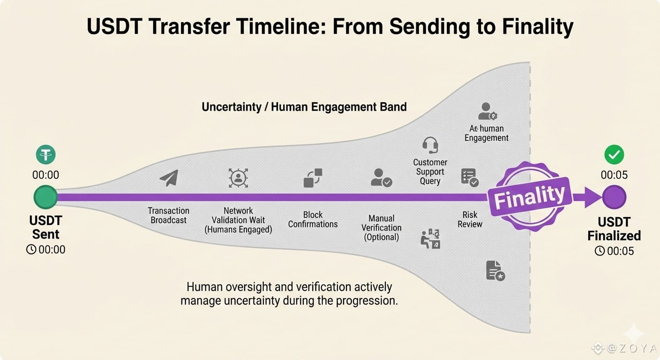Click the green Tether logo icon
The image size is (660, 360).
pos(45,154)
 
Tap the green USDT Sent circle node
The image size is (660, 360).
pos(45,197)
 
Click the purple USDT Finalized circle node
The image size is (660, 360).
pos(614,197)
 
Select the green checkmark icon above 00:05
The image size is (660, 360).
pos(614,154)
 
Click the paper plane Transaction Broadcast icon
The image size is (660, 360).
pos(169,178)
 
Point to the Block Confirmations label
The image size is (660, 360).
pos(313,219)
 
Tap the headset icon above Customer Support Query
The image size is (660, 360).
pos(430,145)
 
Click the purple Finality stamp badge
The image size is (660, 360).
pos(530,196)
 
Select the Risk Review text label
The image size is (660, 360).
pos(470,219)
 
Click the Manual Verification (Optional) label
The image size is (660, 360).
pos(381,228)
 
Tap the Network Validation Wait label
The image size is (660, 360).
pos(238,220)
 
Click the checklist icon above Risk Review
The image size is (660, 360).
pos(469,178)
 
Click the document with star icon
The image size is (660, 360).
pos(495,270)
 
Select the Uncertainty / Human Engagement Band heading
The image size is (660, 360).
pos(304,107)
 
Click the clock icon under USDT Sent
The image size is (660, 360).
pos(31,250)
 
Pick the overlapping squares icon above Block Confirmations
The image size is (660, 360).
pos(313,178)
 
